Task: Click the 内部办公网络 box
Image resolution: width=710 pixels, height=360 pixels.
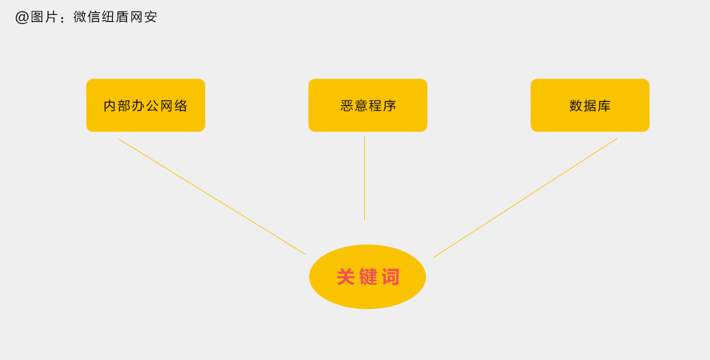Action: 146,105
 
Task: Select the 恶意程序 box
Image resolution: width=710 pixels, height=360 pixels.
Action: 368,105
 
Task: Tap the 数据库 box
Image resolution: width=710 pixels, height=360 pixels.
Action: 590,105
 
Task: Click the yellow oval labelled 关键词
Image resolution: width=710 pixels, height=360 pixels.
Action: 368,276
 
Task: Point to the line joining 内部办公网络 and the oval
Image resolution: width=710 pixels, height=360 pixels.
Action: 212,196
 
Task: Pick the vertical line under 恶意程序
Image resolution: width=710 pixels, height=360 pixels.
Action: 364,178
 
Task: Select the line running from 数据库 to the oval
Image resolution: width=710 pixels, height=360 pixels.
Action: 525,198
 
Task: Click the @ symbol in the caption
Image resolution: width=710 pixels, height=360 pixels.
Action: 22,17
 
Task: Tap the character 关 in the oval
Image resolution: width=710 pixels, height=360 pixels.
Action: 346,276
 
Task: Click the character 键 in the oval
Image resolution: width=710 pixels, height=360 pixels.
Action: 368,276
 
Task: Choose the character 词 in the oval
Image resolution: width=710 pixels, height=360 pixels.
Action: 391,276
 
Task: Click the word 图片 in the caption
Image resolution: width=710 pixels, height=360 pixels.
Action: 44,17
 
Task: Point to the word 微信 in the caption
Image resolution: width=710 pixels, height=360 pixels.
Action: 87,17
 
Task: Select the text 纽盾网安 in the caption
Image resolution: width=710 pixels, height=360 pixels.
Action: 130,17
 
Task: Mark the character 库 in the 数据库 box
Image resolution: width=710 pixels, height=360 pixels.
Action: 604,105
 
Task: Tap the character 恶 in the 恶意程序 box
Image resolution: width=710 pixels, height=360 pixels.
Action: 347,105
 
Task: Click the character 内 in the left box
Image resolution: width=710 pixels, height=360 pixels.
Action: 110,105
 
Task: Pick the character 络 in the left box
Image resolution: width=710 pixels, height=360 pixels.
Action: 181,105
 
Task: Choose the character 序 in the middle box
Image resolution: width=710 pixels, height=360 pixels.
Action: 389,105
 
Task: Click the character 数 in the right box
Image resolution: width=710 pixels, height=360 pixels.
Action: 576,105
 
